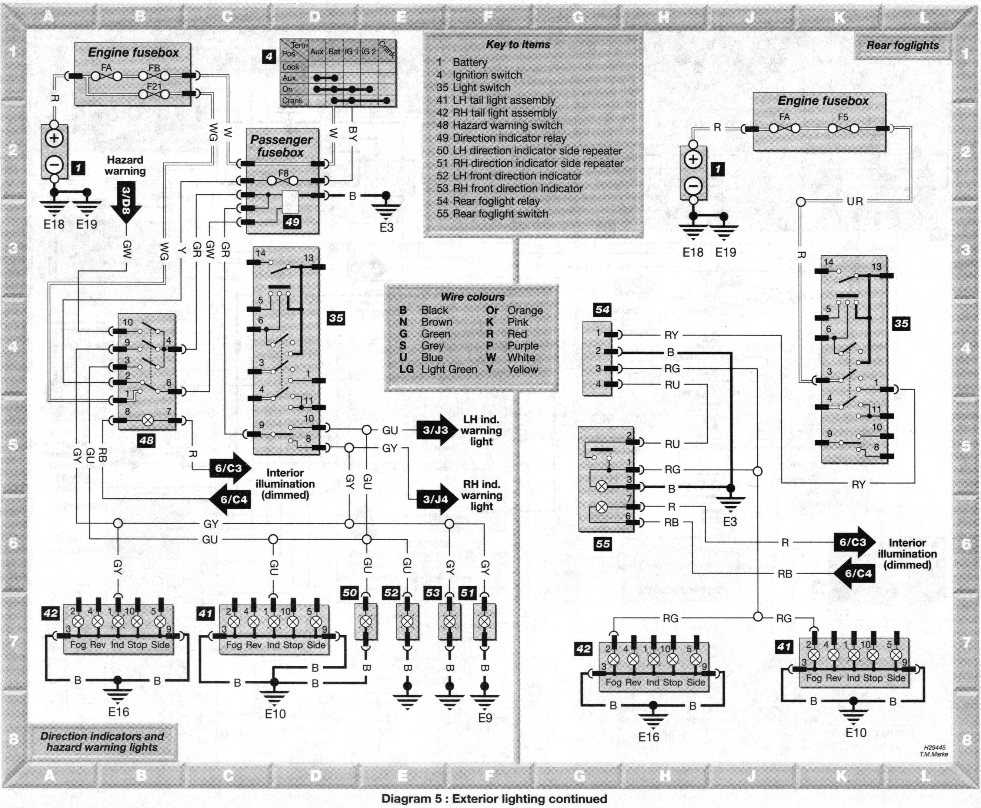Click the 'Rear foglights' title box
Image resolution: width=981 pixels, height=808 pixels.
(x=902, y=46)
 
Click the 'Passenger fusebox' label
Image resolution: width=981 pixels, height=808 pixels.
(x=281, y=146)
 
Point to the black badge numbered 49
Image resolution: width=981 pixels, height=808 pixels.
(x=293, y=222)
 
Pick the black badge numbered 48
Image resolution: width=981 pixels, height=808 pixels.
(x=146, y=440)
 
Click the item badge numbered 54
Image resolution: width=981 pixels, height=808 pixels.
(x=602, y=310)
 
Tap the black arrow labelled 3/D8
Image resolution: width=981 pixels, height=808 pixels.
(x=126, y=203)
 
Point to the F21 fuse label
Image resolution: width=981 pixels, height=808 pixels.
(x=154, y=87)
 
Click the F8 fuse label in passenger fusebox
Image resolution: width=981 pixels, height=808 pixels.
(x=284, y=173)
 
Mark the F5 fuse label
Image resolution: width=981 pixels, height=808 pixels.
(x=843, y=117)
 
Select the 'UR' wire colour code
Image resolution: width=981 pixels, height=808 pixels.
(x=855, y=202)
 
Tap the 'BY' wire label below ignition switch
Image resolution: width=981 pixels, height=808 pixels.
(x=353, y=134)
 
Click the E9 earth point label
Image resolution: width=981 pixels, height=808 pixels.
(x=485, y=718)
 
